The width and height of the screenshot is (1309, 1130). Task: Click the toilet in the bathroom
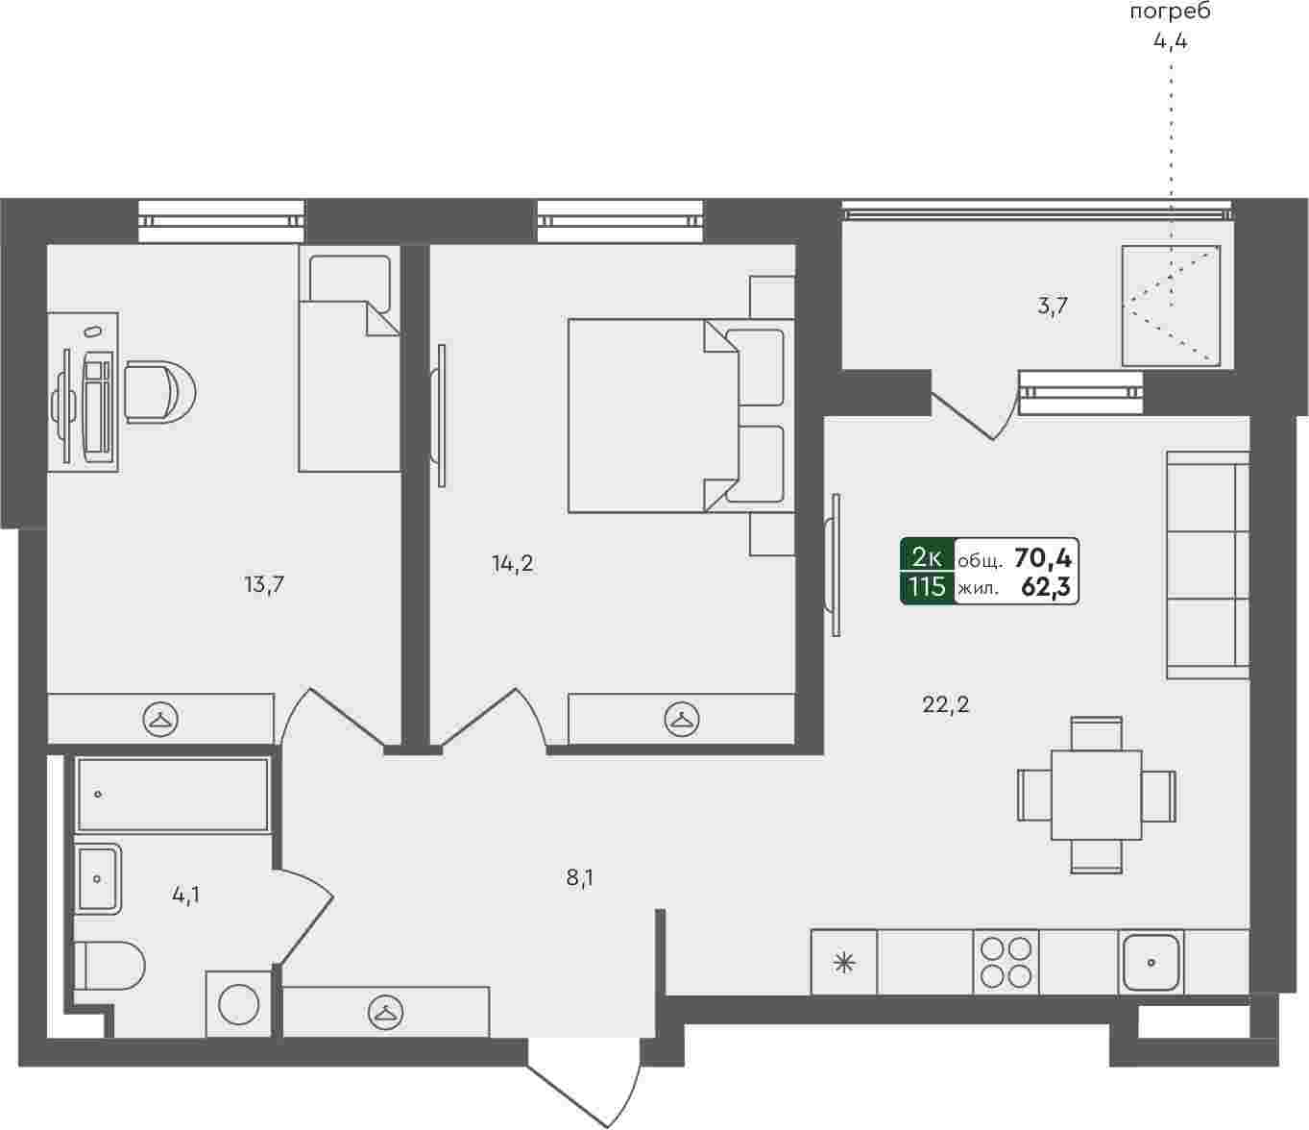tap(109, 966)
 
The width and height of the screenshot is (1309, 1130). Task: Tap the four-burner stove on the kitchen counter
tap(1006, 962)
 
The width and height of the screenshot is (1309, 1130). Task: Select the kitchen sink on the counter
tap(1151, 962)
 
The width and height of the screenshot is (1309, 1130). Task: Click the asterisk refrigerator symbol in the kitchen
tap(844, 964)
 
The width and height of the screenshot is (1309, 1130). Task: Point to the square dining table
tap(1096, 795)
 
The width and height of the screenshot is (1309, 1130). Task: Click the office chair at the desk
tap(159, 392)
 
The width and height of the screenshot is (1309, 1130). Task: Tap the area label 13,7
tap(264, 583)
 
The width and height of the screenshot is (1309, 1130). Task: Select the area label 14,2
tap(512, 563)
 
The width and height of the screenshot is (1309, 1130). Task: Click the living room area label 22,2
tap(945, 704)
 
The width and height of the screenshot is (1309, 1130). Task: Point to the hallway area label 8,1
tap(579, 877)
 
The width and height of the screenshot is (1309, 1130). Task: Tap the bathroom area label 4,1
tap(185, 895)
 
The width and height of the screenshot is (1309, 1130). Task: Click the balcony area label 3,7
tap(1052, 307)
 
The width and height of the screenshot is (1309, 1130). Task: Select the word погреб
tap(1171, 12)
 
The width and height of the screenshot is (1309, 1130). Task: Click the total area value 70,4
tap(1043, 557)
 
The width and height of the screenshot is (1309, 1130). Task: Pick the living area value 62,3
tap(1046, 587)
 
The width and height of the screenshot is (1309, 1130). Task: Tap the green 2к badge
tap(927, 557)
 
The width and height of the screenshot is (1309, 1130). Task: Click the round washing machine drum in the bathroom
tap(239, 1004)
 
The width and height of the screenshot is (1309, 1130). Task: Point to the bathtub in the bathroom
tap(172, 795)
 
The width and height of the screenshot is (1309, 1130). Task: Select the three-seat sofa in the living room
tap(1207, 565)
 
